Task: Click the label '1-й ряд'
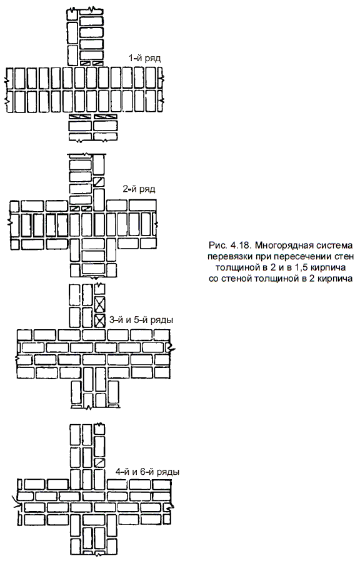(x=144, y=58)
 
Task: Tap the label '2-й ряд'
(x=139, y=189)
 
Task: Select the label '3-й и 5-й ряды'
(x=141, y=319)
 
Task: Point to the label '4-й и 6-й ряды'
(x=147, y=472)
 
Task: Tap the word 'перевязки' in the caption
(x=226, y=257)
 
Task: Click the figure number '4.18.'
(x=242, y=246)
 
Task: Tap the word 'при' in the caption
(x=255, y=257)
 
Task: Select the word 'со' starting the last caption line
(x=214, y=279)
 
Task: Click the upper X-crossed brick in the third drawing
(x=100, y=304)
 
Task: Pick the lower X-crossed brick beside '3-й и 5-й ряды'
(x=100, y=320)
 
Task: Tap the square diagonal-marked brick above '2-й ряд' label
(x=99, y=181)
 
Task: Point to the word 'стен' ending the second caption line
(x=344, y=257)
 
